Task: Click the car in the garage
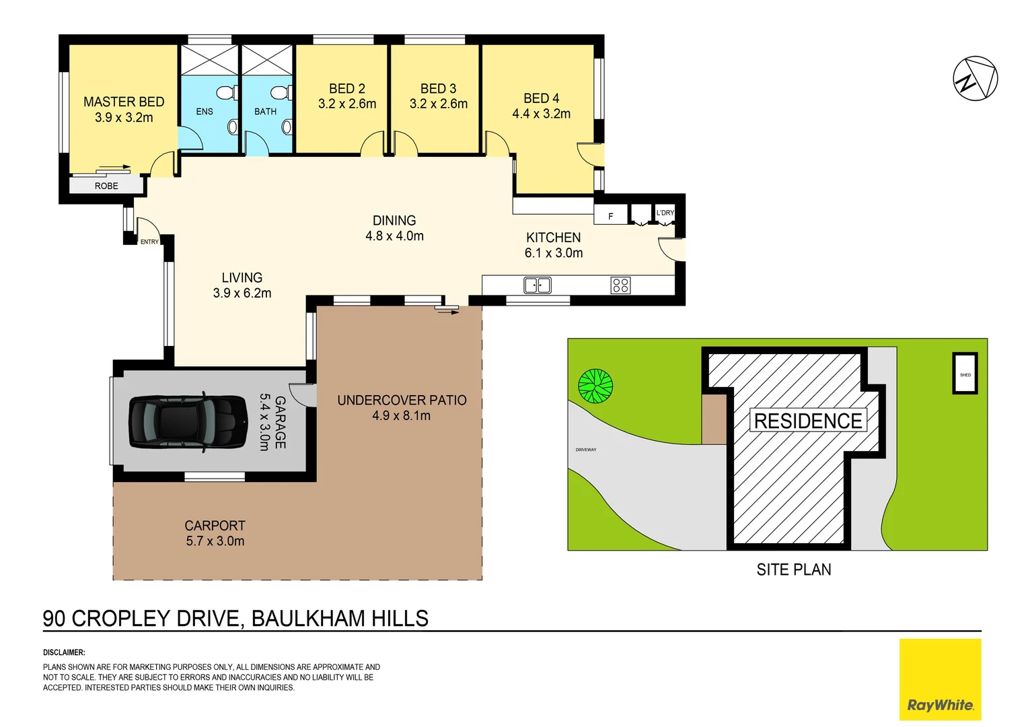188,422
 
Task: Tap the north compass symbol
975,79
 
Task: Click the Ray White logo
940,680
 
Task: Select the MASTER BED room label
124,102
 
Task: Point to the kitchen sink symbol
538,285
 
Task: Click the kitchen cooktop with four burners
620,285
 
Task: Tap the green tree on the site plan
595,386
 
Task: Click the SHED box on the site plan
965,373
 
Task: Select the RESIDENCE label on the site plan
807,421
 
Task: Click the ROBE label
106,186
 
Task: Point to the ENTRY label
149,242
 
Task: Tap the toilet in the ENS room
225,92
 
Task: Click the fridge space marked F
610,216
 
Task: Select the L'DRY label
665,213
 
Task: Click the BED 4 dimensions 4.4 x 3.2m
541,114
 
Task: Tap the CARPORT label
215,525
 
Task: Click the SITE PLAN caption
793,569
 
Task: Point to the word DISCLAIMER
64,652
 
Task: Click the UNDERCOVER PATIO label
402,400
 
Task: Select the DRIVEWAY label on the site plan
585,450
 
